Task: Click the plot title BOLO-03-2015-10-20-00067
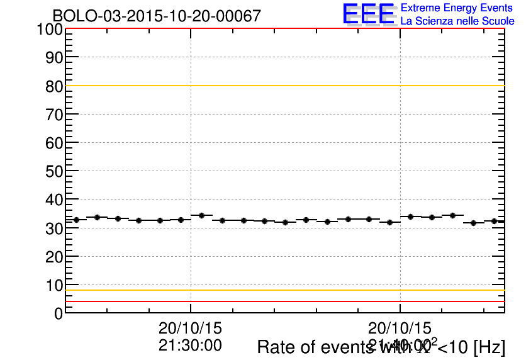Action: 156,16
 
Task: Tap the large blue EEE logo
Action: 369,14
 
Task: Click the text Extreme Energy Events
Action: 457,8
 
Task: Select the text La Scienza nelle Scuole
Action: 457,21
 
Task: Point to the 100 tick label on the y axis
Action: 49,30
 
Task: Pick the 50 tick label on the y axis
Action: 53,172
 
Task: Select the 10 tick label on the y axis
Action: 53,286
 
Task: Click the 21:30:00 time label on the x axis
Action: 190,345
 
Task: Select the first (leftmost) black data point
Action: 76,220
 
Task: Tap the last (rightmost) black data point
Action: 494,221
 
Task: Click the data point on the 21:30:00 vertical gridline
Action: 201,215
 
